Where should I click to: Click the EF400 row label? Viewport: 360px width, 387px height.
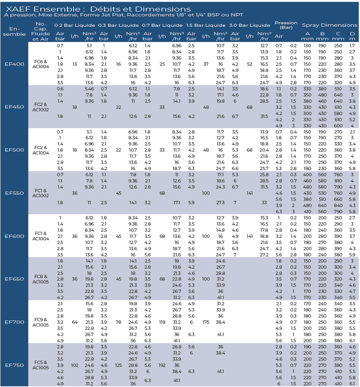(14, 64)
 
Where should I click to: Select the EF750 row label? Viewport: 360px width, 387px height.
(14, 365)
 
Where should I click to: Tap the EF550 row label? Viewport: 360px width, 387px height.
(14, 193)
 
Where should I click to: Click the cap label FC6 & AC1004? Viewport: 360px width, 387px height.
(41, 64)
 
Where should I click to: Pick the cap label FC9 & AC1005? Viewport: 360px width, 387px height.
(41, 322)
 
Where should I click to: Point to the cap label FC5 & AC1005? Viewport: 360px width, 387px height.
(41, 365)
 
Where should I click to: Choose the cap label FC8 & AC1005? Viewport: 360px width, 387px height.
(41, 279)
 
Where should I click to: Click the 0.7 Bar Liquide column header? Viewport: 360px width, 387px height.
(162, 25)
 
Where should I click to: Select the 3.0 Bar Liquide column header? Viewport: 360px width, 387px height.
(249, 25)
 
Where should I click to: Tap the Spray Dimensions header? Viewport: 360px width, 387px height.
(330, 25)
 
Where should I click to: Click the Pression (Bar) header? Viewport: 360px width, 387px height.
(286, 25)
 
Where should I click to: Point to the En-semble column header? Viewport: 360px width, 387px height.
(14, 32)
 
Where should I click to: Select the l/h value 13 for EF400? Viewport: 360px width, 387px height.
(74, 64)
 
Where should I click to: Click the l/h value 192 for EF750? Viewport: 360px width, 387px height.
(162, 365)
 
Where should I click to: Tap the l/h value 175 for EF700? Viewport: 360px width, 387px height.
(206, 322)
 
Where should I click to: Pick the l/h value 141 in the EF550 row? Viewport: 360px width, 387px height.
(249, 193)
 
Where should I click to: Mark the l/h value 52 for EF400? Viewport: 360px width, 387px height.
(249, 64)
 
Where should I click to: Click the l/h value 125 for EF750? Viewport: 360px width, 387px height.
(118, 365)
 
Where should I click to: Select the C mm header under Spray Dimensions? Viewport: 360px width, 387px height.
(338, 36)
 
